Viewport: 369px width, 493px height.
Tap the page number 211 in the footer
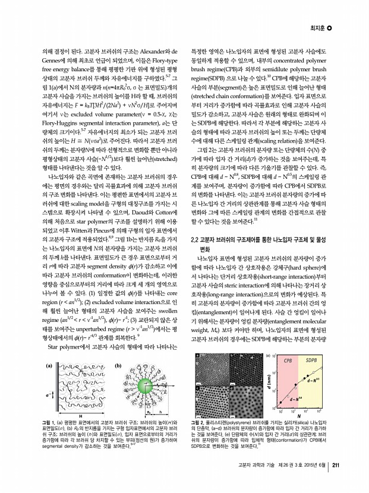click(x=336, y=465)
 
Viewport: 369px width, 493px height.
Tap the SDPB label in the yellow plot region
click(x=313, y=360)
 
